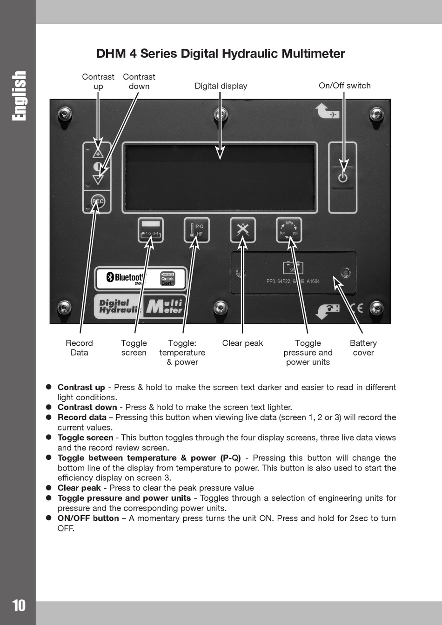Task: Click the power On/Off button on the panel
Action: coord(343,177)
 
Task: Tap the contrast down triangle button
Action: coord(98,179)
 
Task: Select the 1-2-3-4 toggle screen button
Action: coord(151,230)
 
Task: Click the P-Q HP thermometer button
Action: coord(196,230)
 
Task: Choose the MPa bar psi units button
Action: coord(289,230)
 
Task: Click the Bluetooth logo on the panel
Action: coord(126,278)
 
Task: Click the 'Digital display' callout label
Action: coord(221,86)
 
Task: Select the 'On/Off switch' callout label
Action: coord(344,86)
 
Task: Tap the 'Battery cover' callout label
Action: coord(363,348)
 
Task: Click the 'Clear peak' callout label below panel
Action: coord(242,343)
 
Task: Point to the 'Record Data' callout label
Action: coord(79,348)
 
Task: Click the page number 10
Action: coord(19,605)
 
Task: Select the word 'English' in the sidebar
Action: coord(19,96)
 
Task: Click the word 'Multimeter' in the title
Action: coord(313,54)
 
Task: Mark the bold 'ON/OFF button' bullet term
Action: coord(88,518)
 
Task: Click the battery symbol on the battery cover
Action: coord(293,268)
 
